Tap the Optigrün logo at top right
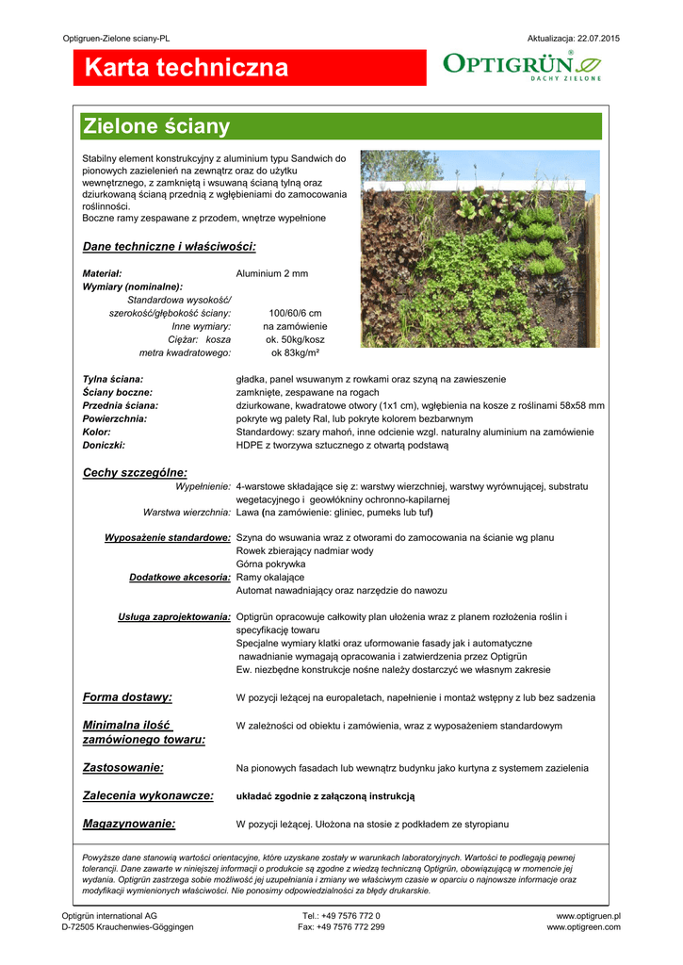tap(521, 67)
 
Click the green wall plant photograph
tap(480, 248)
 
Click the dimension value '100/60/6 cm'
tap(295, 313)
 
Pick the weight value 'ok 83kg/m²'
tap(295, 352)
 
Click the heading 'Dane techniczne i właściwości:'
tap(170, 247)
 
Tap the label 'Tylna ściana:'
tap(113, 379)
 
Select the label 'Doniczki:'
tap(104, 445)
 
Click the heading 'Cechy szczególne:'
tap(135, 472)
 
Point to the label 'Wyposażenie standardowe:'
tap(168, 537)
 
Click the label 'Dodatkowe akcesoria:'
tap(180, 577)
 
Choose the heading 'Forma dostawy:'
tap(127, 697)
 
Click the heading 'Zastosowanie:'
tap(123, 768)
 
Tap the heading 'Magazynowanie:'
tap(129, 824)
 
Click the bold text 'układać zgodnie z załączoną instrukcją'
tap(325, 796)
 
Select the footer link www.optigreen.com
tap(583, 927)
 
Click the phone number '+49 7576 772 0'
tap(351, 915)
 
